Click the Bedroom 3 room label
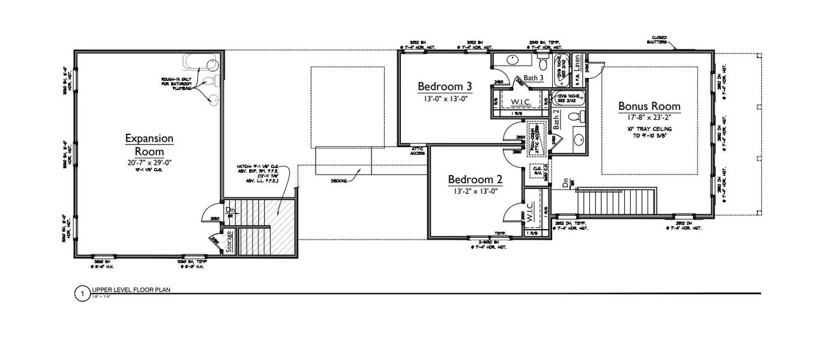tap(445, 86)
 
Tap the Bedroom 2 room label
tap(475, 179)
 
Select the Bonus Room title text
tap(649, 106)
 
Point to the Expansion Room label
tap(149, 145)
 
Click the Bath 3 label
tap(533, 78)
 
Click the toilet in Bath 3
tap(543, 62)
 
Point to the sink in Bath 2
tap(577, 140)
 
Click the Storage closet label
tap(229, 242)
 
